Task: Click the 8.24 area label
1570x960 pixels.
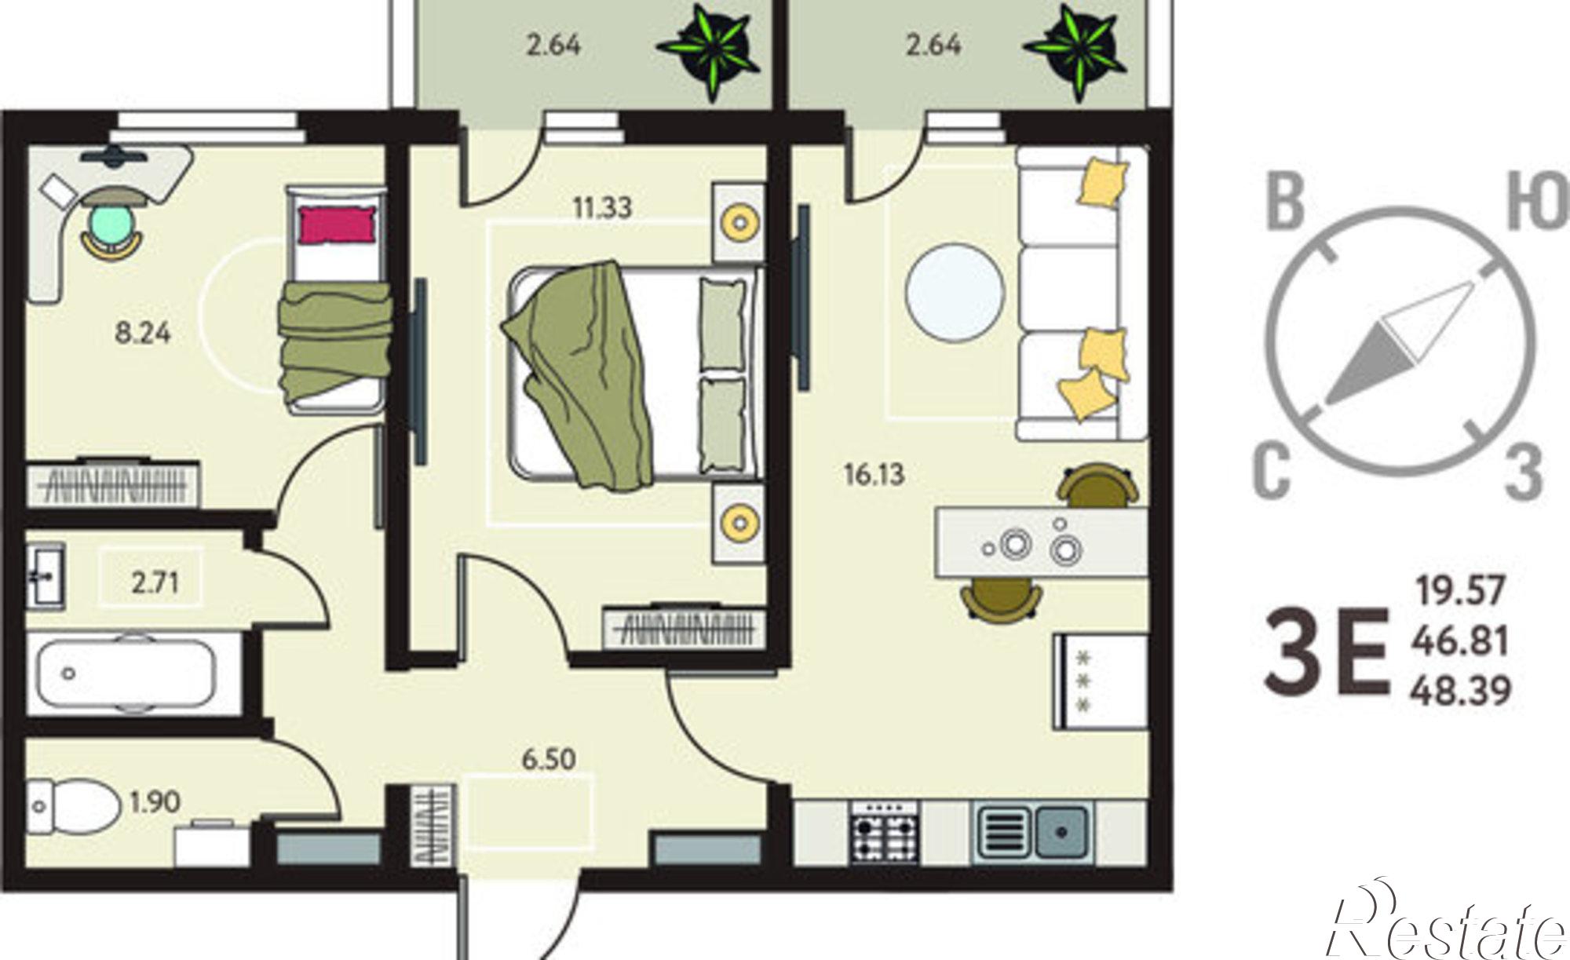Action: (x=142, y=334)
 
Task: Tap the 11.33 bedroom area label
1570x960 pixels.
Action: (x=602, y=209)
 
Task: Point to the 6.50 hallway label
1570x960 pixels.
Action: (x=549, y=760)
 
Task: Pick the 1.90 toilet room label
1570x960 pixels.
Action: (x=155, y=802)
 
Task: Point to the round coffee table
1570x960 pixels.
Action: (x=955, y=290)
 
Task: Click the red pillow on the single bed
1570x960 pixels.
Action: (x=335, y=224)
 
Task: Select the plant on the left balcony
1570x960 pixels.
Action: (x=710, y=52)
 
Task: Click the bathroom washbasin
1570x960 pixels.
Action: (x=46, y=577)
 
